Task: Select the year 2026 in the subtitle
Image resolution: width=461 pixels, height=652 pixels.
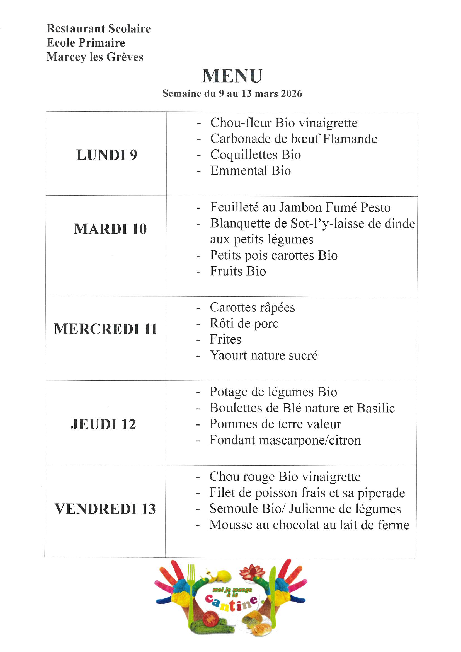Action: tap(291, 93)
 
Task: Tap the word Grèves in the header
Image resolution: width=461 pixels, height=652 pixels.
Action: tap(125, 57)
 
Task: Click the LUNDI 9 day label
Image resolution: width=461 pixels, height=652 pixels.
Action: tap(107, 155)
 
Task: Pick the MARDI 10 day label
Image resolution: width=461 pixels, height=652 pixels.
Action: tap(110, 229)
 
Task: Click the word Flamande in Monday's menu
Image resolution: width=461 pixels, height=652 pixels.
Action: tap(350, 139)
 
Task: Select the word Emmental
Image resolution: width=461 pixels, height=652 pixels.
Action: tap(239, 171)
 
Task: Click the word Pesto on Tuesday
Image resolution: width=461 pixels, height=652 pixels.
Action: tap(375, 207)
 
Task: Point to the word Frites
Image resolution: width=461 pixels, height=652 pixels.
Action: tap(225, 339)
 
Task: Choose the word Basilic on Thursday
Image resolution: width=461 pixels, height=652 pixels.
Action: tap(375, 408)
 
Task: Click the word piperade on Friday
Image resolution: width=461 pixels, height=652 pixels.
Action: tap(381, 493)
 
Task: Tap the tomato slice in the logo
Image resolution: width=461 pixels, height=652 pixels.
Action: tap(210, 619)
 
